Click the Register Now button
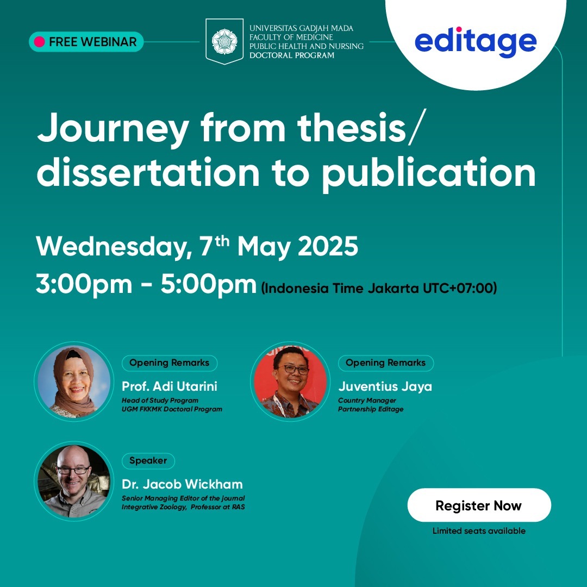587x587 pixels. click(479, 505)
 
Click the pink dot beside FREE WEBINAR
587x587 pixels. click(39, 41)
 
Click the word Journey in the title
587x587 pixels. click(113, 130)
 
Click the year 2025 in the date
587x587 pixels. click(328, 246)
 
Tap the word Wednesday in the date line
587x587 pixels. click(111, 247)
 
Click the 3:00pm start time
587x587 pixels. click(84, 284)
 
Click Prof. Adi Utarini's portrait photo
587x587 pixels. click(74, 382)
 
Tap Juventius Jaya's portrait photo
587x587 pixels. click(290, 382)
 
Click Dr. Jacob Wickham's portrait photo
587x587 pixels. click(74, 481)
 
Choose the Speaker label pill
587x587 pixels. click(148, 460)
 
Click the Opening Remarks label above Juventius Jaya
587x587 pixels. click(385, 363)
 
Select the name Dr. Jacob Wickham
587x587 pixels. click(182, 484)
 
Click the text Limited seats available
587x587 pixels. click(479, 530)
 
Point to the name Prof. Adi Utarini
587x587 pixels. click(170, 386)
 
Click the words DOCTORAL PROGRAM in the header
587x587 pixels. click(292, 55)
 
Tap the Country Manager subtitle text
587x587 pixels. click(367, 400)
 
